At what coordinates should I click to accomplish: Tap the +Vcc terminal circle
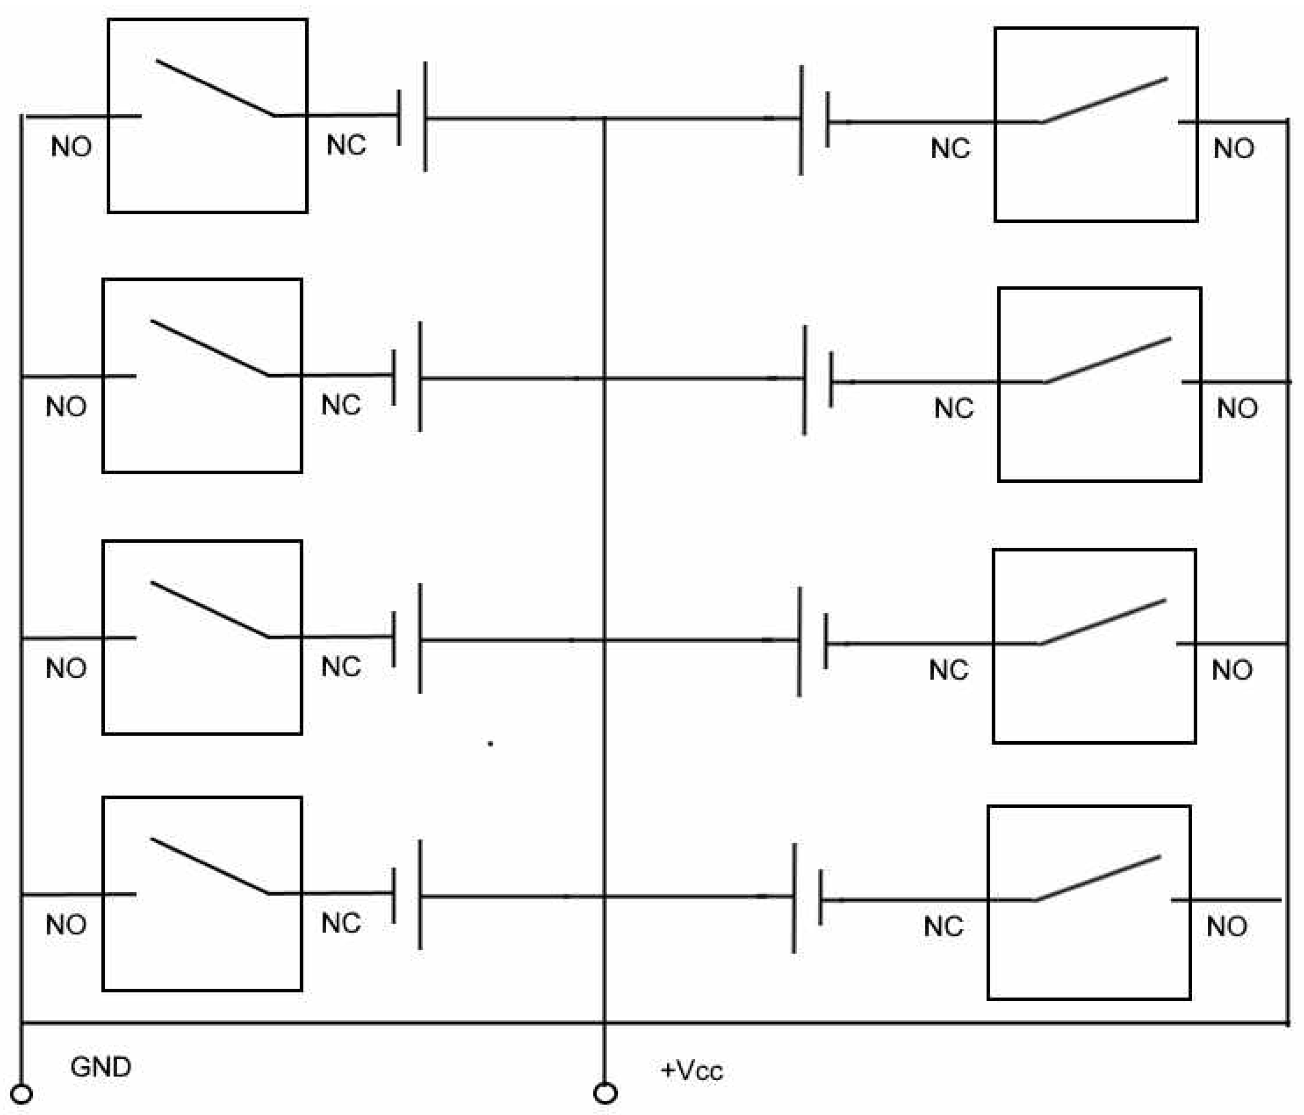[x=605, y=1094]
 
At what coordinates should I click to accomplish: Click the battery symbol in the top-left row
[x=412, y=117]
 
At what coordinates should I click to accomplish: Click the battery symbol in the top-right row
[x=814, y=119]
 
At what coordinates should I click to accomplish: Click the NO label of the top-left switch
[x=71, y=147]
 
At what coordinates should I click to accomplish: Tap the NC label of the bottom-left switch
[x=341, y=923]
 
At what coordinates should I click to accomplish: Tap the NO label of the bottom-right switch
[x=1226, y=926]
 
